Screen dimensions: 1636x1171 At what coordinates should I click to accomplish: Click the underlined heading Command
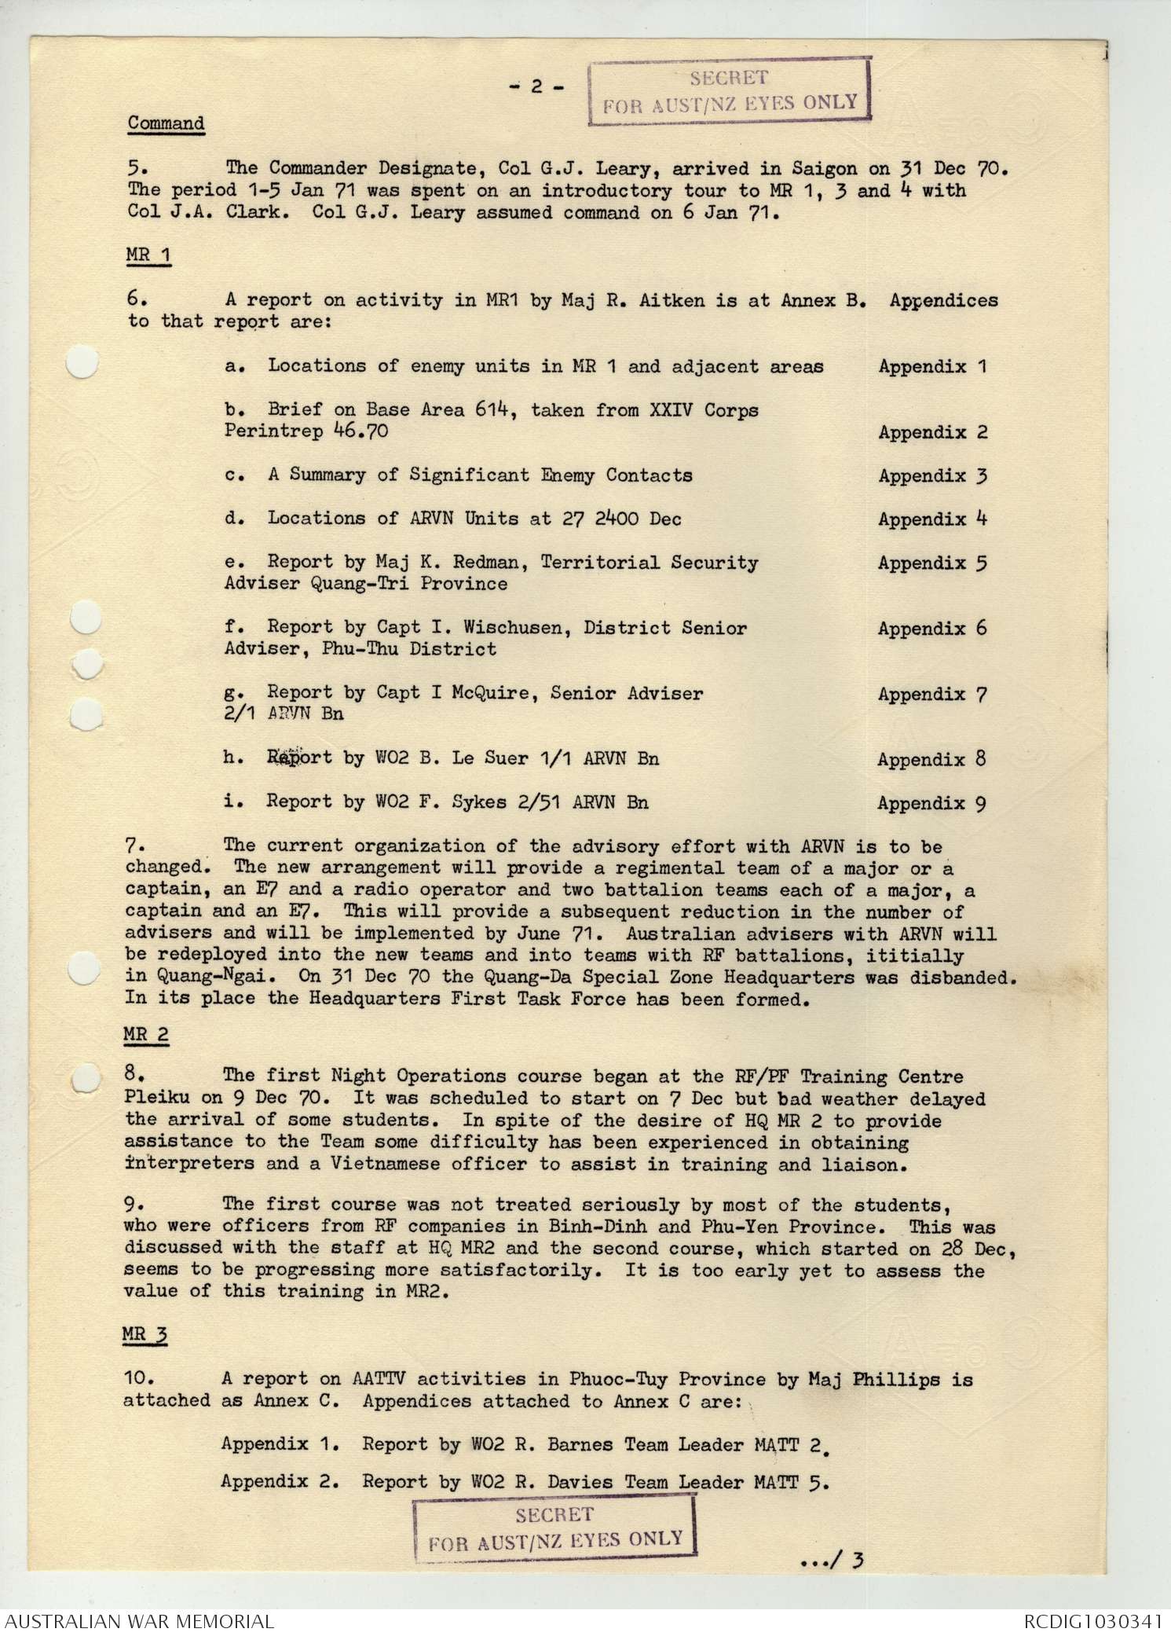coord(166,123)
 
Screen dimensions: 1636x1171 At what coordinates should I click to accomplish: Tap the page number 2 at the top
coord(536,86)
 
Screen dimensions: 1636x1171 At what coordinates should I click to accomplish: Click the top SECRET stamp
coord(730,90)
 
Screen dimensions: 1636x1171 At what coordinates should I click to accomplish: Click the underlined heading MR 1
coord(148,255)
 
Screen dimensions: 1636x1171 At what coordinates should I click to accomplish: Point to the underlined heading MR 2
coord(146,1035)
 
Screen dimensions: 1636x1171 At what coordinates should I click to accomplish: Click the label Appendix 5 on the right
coord(932,563)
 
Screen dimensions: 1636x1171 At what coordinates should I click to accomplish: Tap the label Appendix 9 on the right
coord(931,803)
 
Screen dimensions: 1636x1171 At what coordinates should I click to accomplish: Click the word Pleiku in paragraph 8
coord(156,1098)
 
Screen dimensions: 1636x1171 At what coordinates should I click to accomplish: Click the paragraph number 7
coord(133,846)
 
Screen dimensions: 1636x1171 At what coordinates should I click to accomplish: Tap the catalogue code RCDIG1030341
coord(1092,1620)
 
